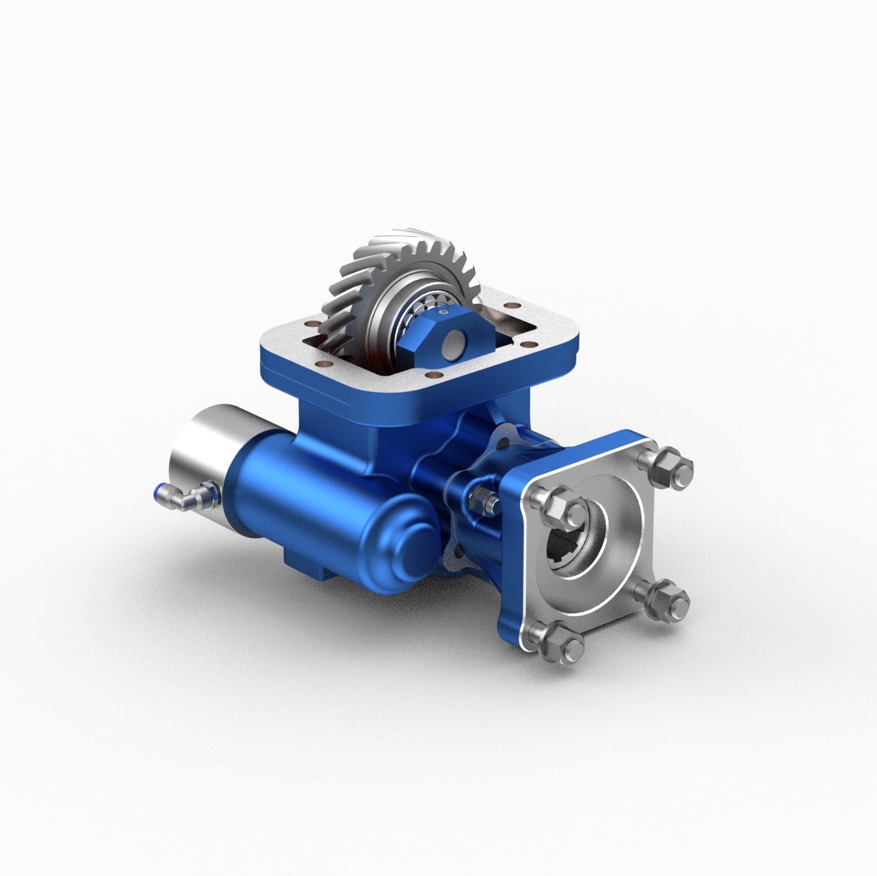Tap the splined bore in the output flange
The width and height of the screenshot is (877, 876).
click(571, 548)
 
